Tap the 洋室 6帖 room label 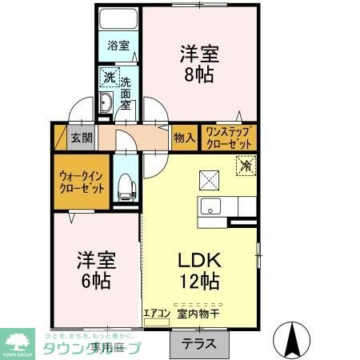click(97, 270)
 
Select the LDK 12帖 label click(199, 270)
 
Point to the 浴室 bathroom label click(118, 46)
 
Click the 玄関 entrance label click(81, 137)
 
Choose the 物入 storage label click(185, 138)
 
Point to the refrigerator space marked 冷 click(246, 166)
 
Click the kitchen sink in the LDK click(210, 205)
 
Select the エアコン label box click(157, 314)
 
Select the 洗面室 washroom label click(126, 93)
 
